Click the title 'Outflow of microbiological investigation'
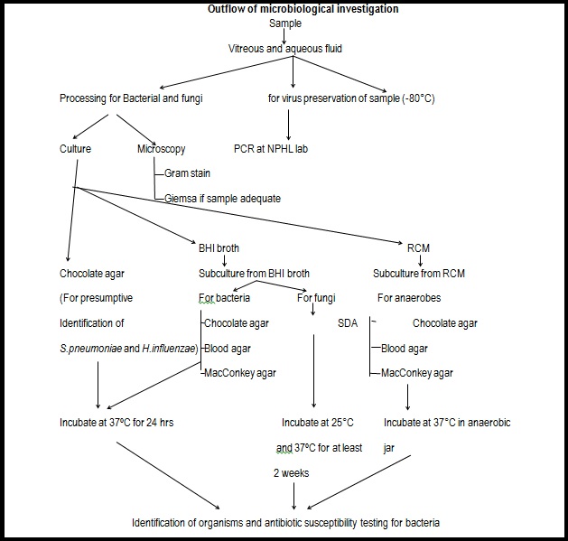[290, 10]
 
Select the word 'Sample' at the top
[285, 23]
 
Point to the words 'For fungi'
[319, 297]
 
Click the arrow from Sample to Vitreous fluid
[285, 35]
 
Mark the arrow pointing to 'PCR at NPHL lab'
[288, 123]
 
